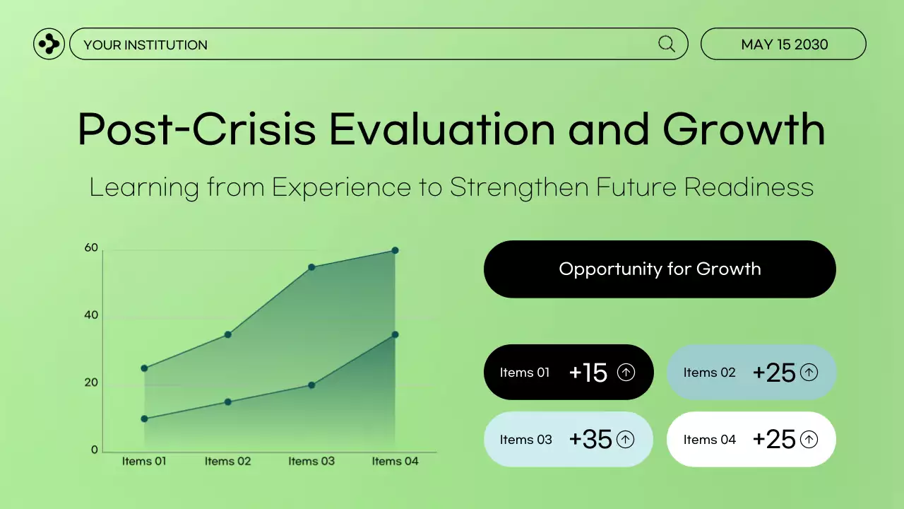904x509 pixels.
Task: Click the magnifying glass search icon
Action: click(x=667, y=44)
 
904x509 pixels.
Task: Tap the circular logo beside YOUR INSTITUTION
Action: click(x=49, y=44)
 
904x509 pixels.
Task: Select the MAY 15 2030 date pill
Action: click(x=783, y=45)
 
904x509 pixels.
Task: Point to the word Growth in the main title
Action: click(x=744, y=130)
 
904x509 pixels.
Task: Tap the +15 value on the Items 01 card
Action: click(x=588, y=373)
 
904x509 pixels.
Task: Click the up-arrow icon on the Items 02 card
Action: click(x=809, y=372)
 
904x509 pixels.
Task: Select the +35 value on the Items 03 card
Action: click(x=590, y=440)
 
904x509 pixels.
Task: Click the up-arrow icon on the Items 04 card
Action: click(x=809, y=440)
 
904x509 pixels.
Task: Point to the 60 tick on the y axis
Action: click(x=91, y=247)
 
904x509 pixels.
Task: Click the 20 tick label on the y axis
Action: click(x=91, y=382)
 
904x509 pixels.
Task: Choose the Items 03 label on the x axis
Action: click(x=311, y=462)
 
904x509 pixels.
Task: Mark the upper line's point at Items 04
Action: click(x=395, y=250)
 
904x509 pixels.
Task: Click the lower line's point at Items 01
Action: click(x=144, y=419)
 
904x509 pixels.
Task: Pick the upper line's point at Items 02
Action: click(x=228, y=334)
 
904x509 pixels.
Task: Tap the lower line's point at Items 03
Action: click(x=311, y=385)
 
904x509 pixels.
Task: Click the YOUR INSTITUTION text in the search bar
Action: click(x=145, y=45)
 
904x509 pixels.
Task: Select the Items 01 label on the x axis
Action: click(x=144, y=462)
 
